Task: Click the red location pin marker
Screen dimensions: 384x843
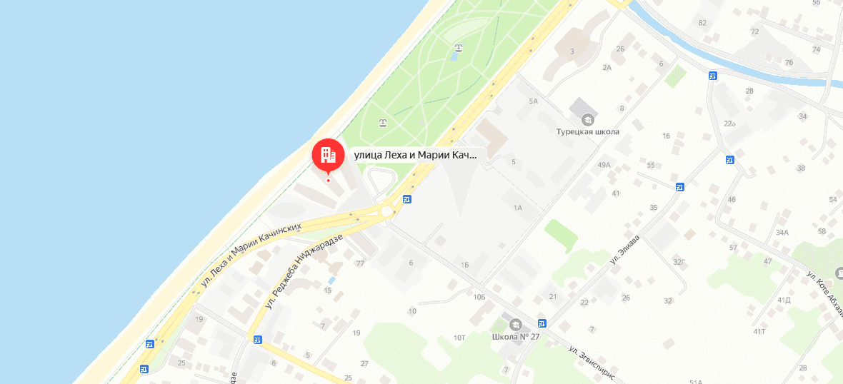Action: click(x=328, y=153)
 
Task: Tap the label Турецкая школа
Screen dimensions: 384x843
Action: click(x=588, y=131)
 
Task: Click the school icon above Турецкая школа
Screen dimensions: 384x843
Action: click(x=588, y=118)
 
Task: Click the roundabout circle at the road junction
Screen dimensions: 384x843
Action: click(x=386, y=211)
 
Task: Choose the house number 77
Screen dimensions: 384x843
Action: click(x=360, y=263)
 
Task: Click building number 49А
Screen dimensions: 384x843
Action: click(x=604, y=166)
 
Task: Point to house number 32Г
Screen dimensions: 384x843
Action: click(x=679, y=262)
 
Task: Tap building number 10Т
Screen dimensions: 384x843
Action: click(x=459, y=337)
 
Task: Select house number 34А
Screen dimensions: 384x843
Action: click(x=782, y=232)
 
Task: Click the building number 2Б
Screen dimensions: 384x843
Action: click(x=620, y=49)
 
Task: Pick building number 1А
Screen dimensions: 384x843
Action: click(x=518, y=208)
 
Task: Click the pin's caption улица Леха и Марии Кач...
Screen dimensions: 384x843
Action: click(x=415, y=154)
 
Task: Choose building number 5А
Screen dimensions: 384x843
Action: click(x=532, y=101)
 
